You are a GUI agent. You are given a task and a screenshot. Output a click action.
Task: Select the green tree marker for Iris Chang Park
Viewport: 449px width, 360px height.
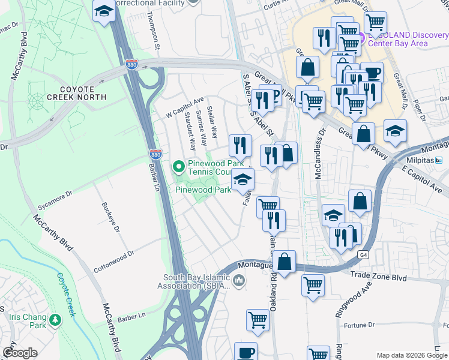[55, 320]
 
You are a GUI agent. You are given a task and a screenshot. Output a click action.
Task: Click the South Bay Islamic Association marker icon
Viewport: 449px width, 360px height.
[239, 280]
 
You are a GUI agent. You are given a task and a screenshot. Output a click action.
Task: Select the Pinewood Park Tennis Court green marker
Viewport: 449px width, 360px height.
[178, 166]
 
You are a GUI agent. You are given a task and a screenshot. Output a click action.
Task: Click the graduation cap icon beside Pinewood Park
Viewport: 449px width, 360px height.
[243, 179]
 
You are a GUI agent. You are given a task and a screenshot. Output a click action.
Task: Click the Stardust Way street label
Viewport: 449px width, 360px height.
[190, 130]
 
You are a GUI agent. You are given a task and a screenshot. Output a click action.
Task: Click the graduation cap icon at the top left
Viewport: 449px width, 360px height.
[104, 10]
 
